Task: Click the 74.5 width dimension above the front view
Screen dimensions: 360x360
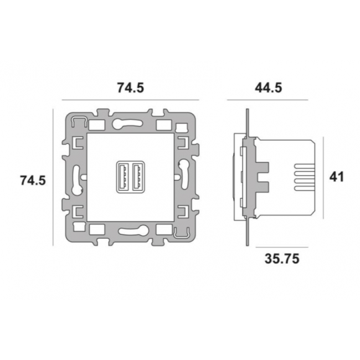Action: (131, 88)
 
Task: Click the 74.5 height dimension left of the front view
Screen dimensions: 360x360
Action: (33, 180)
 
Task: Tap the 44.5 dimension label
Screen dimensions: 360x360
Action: (269, 88)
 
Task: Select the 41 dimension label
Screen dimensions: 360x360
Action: (337, 177)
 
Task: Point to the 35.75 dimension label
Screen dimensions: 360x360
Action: (282, 259)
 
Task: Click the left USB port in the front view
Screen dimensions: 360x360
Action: (122, 177)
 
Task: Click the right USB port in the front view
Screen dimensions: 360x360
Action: (137, 177)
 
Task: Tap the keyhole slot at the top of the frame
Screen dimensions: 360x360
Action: (127, 124)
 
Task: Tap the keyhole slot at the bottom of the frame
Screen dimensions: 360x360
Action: (133, 231)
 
